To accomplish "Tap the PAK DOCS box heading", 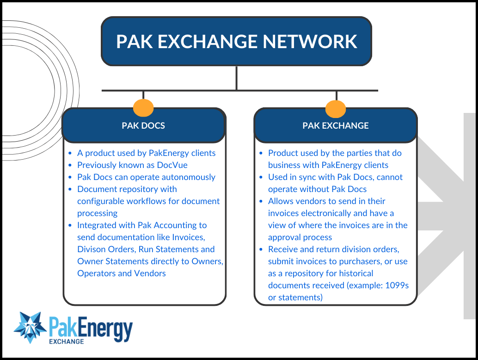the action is click(143, 125).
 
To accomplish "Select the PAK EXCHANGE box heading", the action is click(336, 125).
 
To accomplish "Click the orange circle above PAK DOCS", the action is click(143, 107).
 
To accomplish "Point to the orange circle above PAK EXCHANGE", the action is click(336, 108).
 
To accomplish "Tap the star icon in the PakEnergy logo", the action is click(31, 327).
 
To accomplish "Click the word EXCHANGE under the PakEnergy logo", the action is click(67, 341).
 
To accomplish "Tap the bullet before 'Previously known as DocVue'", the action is click(70, 165).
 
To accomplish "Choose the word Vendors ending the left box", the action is click(150, 273).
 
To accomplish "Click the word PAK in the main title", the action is click(134, 41).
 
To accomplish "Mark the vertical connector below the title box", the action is click(236, 78).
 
